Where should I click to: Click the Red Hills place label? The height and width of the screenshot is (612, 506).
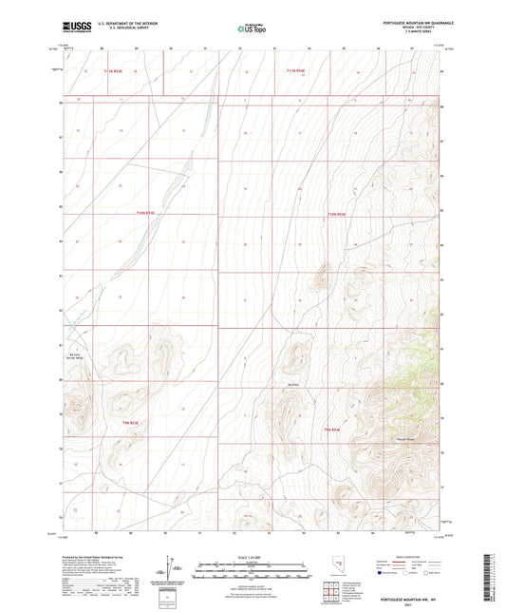click(293, 384)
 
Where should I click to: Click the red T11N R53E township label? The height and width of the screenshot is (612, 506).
click(116, 71)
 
